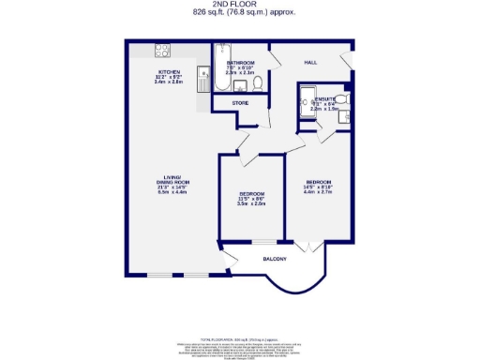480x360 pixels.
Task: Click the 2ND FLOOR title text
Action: coord(239,5)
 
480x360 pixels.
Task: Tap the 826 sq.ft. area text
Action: coord(239,13)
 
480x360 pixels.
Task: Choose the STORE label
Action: coord(240,101)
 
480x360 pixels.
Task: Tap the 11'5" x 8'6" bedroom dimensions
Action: coord(251,199)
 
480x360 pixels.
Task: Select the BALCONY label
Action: coord(274,258)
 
